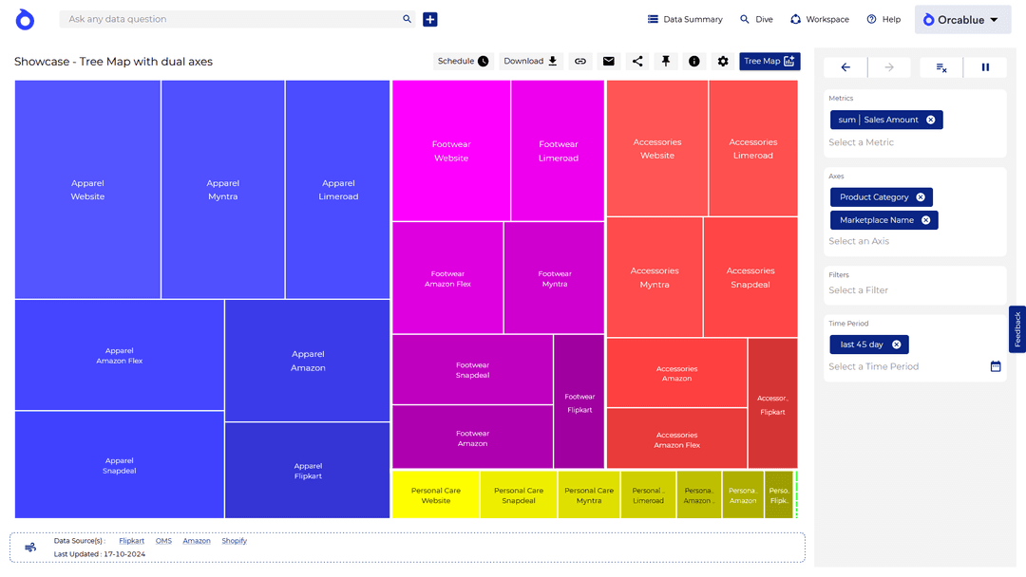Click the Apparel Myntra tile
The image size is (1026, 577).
223,190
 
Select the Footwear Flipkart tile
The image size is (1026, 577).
579,402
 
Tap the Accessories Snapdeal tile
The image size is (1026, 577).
750,277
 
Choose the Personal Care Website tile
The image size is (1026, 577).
436,495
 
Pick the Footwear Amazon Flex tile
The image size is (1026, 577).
447,278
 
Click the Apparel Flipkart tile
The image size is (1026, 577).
308,471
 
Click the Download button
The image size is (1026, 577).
531,62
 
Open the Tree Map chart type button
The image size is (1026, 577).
769,62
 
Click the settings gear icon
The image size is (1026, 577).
723,62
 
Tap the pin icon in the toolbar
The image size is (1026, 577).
666,62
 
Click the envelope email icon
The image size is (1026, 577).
609,62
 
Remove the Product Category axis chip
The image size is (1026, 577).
921,197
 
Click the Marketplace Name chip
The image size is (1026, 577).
876,220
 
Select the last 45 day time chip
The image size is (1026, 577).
862,344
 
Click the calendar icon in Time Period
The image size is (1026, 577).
996,366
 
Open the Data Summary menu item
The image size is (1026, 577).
685,19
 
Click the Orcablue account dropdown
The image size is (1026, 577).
961,20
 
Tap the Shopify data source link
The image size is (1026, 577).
234,541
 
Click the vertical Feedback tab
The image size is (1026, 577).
1017,329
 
